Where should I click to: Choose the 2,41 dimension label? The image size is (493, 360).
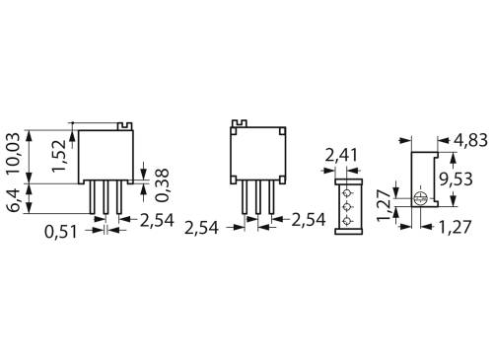(344, 154)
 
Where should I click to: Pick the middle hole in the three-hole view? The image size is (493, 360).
(346, 206)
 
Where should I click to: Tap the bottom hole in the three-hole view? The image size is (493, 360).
(346, 220)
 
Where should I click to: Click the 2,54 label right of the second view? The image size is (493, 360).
(309, 219)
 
